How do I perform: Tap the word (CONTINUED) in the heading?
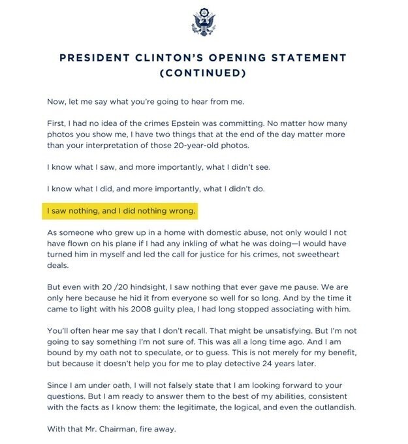(203, 73)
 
